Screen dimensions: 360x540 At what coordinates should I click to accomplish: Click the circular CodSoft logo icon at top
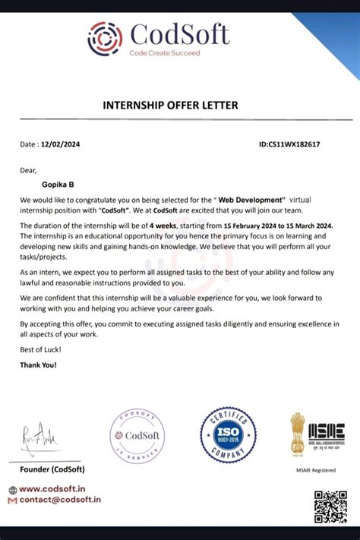pyautogui.click(x=105, y=38)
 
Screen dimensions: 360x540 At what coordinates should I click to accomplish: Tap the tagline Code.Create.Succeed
pyautogui.click(x=164, y=53)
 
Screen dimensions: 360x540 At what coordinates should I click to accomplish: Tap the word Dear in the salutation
pyautogui.click(x=28, y=169)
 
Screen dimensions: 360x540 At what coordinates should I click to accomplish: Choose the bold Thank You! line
pyautogui.click(x=38, y=365)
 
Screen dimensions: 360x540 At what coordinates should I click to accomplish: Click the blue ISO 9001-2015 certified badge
pyautogui.click(x=227, y=435)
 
